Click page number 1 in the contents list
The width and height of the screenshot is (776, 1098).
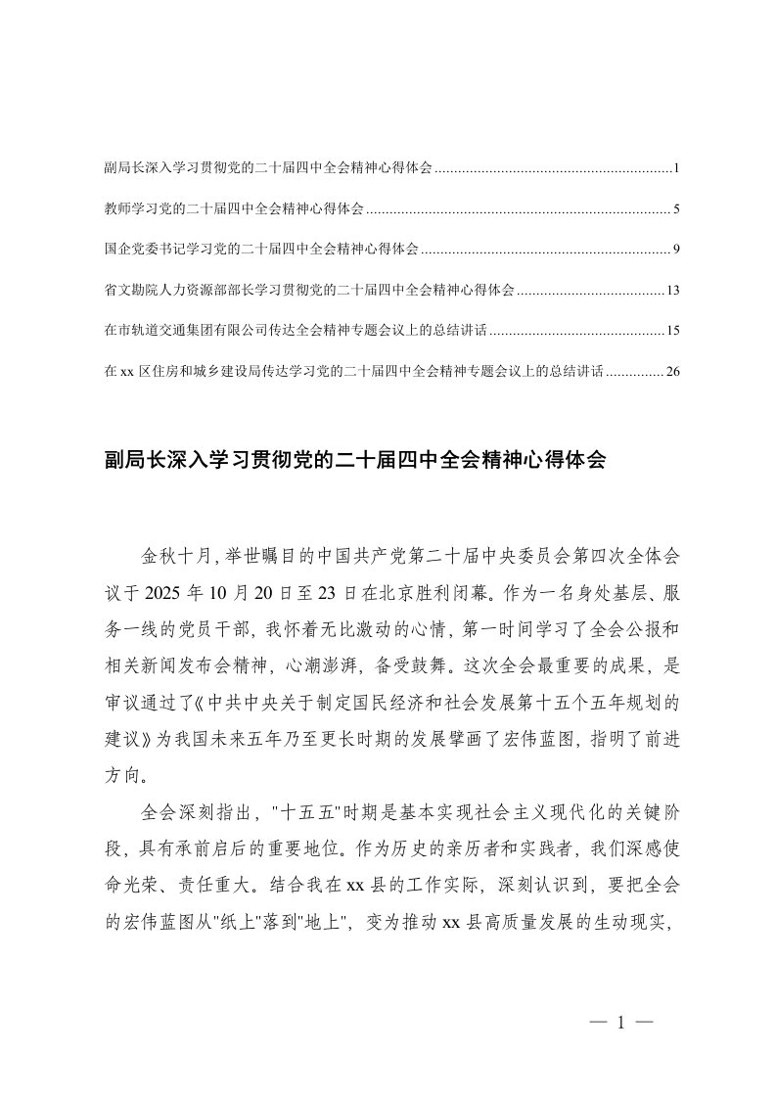tap(676, 168)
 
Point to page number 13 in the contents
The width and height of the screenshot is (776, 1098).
tap(672, 291)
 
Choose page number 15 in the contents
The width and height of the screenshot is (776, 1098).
tap(672, 331)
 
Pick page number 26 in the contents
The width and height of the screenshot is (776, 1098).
tap(672, 372)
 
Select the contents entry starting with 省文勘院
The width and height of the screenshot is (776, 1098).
tap(308, 291)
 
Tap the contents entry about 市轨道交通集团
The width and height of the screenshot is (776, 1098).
tap(294, 331)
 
